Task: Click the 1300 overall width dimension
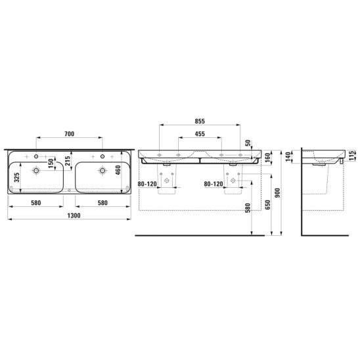74,215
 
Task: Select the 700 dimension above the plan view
69,134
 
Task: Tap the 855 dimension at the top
200,122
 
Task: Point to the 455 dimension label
200,134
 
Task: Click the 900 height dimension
277,193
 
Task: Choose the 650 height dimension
268,205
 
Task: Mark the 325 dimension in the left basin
17,177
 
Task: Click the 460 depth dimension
118,170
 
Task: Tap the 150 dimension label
51,163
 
